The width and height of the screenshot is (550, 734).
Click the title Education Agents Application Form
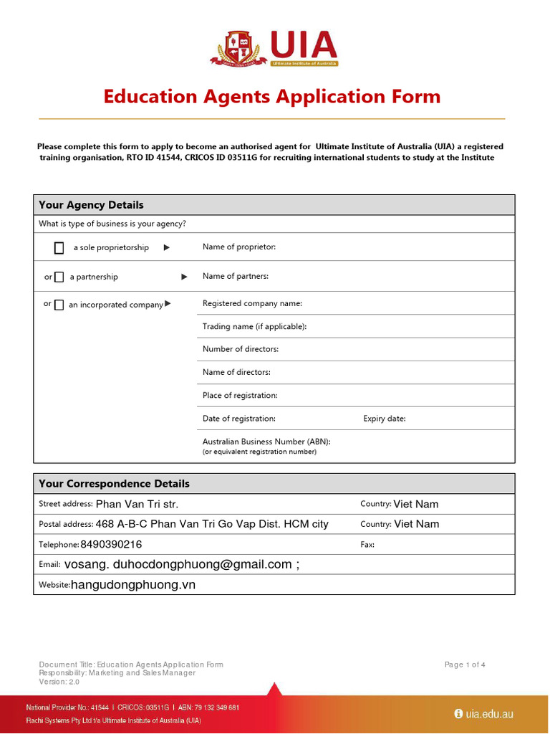click(272, 96)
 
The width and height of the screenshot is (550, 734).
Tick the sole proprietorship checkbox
click(59, 248)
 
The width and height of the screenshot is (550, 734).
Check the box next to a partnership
click(59, 277)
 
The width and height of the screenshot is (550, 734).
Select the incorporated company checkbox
click(59, 305)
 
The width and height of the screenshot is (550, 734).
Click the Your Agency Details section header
click(91, 205)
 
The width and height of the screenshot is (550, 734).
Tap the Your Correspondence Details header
click(114, 484)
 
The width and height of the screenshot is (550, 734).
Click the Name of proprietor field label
click(238, 247)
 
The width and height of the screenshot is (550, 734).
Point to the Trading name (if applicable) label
click(254, 326)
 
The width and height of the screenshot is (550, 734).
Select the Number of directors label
click(241, 349)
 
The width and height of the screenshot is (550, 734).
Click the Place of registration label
click(240, 395)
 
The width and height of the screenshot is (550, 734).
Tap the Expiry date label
click(384, 419)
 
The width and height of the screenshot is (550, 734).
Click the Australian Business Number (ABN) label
click(266, 442)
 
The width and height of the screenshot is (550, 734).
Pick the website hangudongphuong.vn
click(133, 585)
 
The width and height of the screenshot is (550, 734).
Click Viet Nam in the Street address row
click(416, 504)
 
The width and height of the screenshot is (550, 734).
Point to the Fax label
click(367, 545)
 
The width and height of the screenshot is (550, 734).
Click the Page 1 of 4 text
click(465, 664)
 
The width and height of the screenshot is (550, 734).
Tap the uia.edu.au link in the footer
click(489, 714)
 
